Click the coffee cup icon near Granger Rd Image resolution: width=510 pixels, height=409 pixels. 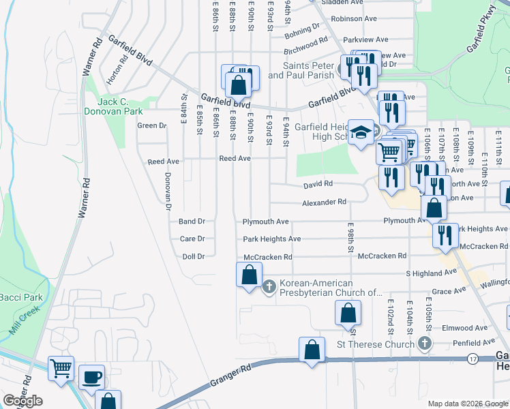(91, 376)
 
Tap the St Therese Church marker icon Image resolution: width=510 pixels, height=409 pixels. (425, 343)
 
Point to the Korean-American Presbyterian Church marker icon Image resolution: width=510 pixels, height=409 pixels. (269, 286)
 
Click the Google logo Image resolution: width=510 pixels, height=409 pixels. (22, 401)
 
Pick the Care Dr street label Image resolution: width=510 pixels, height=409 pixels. (192, 239)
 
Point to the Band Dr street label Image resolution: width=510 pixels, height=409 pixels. (192, 222)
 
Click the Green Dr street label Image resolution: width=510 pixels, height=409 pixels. (152, 125)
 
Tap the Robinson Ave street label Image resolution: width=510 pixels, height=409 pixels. (355, 19)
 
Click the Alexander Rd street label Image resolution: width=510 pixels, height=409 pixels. (325, 202)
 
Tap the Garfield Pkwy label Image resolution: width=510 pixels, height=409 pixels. (480, 40)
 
